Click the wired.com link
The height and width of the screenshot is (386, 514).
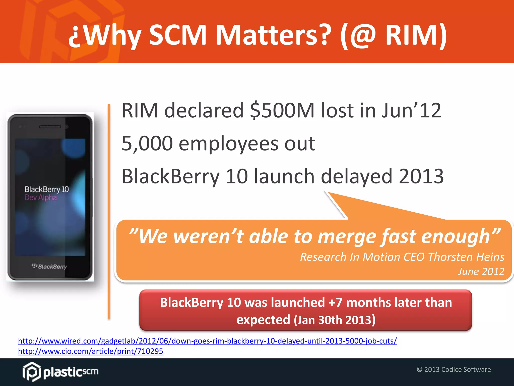click(x=207, y=341)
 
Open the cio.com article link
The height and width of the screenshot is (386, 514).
click(x=90, y=351)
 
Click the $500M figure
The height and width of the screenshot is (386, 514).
click(x=282, y=111)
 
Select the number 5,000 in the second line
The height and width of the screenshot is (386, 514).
click(x=147, y=143)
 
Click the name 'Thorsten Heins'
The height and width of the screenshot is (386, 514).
click(x=466, y=257)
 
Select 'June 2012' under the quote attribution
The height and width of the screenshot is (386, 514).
click(x=481, y=272)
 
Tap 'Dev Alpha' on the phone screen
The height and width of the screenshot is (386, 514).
click(x=41, y=198)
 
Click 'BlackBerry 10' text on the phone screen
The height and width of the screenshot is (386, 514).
click(x=47, y=189)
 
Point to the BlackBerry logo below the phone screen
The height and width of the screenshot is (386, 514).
click(x=49, y=266)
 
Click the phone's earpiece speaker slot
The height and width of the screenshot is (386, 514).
click(x=50, y=127)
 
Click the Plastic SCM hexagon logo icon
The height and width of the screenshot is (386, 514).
click(x=32, y=371)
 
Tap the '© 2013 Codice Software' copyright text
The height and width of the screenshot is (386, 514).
click(x=454, y=369)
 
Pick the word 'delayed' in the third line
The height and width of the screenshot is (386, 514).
click(x=357, y=176)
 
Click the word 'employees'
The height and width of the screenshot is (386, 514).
click(x=228, y=143)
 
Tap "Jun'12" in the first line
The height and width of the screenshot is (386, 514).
click(x=411, y=111)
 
